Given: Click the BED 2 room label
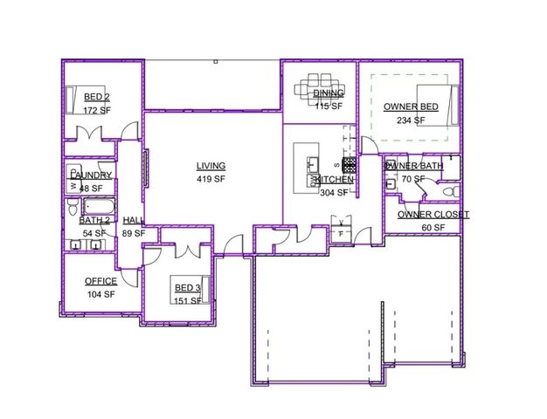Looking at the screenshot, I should [x=96, y=97].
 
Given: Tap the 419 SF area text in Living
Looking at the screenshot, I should [x=211, y=179].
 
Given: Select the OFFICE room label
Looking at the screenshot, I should [x=100, y=281].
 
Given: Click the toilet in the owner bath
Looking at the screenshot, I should [x=450, y=191].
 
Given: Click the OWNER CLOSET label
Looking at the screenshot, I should [x=433, y=215].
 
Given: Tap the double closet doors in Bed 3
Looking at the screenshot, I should [x=190, y=252].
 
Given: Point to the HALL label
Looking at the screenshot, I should [x=133, y=221].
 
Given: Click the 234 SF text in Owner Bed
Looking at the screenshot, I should [x=410, y=120].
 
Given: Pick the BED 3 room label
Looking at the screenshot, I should [x=187, y=288].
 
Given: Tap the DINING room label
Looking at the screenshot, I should [x=329, y=93].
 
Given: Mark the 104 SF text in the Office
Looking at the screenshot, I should [x=100, y=294].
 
